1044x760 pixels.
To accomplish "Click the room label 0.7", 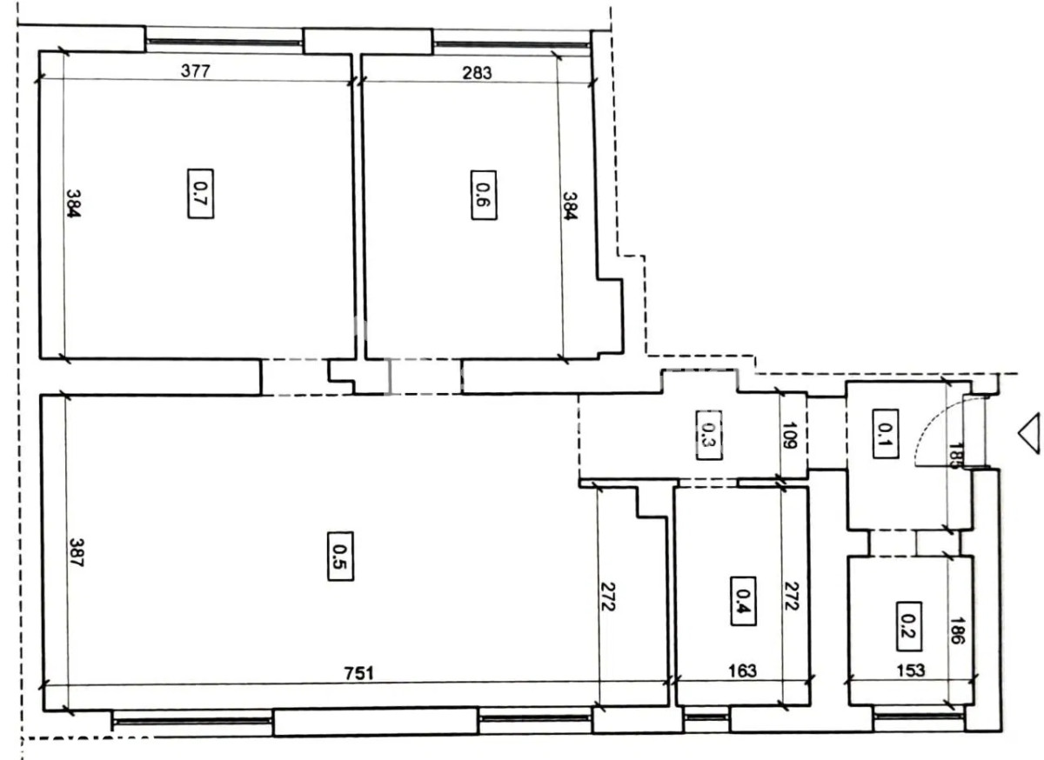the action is pyautogui.click(x=201, y=193).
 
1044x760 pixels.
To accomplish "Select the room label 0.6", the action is pyautogui.click(x=484, y=195).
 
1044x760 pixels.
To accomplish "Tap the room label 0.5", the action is pyautogui.click(x=341, y=557).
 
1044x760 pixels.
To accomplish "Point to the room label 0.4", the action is pyautogui.click(x=743, y=601).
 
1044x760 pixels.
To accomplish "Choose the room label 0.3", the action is pyautogui.click(x=709, y=436).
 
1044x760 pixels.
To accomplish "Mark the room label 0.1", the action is pyautogui.click(x=886, y=434).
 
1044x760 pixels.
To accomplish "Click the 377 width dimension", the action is pyautogui.click(x=196, y=70).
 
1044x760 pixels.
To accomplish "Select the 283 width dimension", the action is pyautogui.click(x=477, y=73).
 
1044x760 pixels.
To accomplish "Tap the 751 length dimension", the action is pyautogui.click(x=358, y=673).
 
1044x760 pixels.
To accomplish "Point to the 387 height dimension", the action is pyautogui.click(x=77, y=553).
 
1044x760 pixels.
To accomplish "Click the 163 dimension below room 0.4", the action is pyautogui.click(x=742, y=670).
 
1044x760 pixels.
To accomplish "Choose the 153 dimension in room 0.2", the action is pyautogui.click(x=911, y=670).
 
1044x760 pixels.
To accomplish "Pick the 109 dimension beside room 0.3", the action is pyautogui.click(x=790, y=436).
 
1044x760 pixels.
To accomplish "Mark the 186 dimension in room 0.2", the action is pyautogui.click(x=957, y=631).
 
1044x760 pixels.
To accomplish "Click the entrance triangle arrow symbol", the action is pyautogui.click(x=1030, y=433).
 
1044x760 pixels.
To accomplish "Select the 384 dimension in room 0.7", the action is pyautogui.click(x=74, y=203).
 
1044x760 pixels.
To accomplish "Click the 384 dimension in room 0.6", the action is pyautogui.click(x=570, y=205).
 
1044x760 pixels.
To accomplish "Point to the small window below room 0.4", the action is pyautogui.click(x=706, y=717).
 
